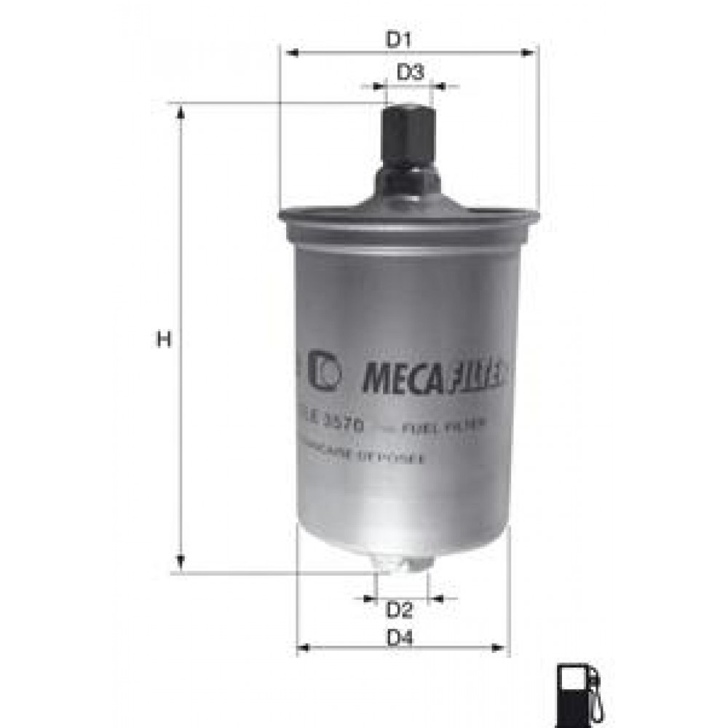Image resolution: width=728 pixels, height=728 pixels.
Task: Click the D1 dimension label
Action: coord(399,41)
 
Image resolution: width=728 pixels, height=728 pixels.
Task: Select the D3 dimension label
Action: coord(411,72)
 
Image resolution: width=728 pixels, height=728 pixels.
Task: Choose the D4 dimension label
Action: coord(400,639)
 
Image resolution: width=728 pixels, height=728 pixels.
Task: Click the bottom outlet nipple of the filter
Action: coord(400,563)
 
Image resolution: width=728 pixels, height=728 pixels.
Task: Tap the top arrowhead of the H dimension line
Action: coord(180,109)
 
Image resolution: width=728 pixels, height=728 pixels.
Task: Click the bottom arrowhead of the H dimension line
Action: coord(180,566)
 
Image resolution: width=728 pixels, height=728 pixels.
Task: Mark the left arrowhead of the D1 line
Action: coord(291,52)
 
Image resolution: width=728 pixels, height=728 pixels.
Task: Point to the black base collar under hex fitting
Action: coord(408,182)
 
